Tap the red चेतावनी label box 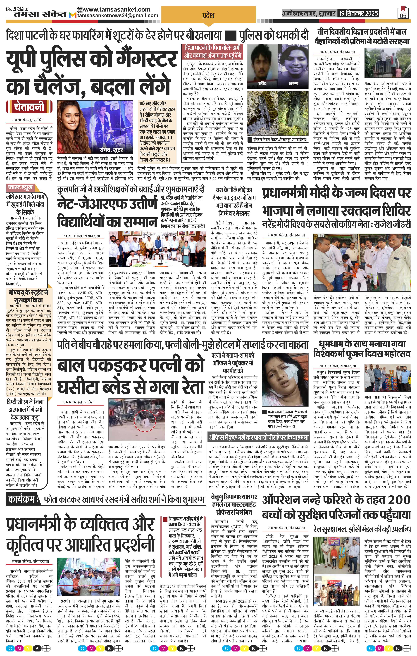point(29,107)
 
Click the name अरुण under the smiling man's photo point(293,83)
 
